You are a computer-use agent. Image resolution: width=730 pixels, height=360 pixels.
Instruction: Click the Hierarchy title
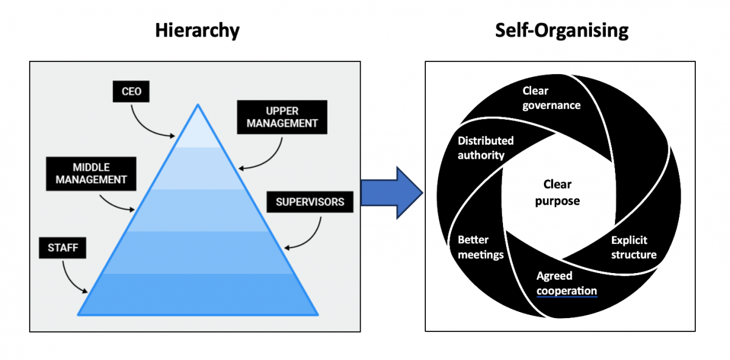(197, 30)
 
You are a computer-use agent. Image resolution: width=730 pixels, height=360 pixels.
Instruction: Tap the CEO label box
(131, 92)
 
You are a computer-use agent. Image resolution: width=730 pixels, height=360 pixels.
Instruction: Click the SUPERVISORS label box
(310, 202)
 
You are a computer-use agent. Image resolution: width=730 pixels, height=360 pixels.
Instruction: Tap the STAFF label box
(63, 247)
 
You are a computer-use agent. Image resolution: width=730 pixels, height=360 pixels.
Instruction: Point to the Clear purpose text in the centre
(557, 192)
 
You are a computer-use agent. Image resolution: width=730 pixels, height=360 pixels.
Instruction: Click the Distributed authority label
(485, 148)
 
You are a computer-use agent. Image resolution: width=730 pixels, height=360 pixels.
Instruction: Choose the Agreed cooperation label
(566, 283)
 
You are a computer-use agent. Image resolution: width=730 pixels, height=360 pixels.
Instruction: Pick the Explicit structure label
(633, 247)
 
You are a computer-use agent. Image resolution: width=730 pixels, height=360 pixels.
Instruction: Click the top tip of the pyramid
(198, 107)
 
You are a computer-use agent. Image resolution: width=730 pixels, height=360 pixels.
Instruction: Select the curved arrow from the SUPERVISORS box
(313, 234)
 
